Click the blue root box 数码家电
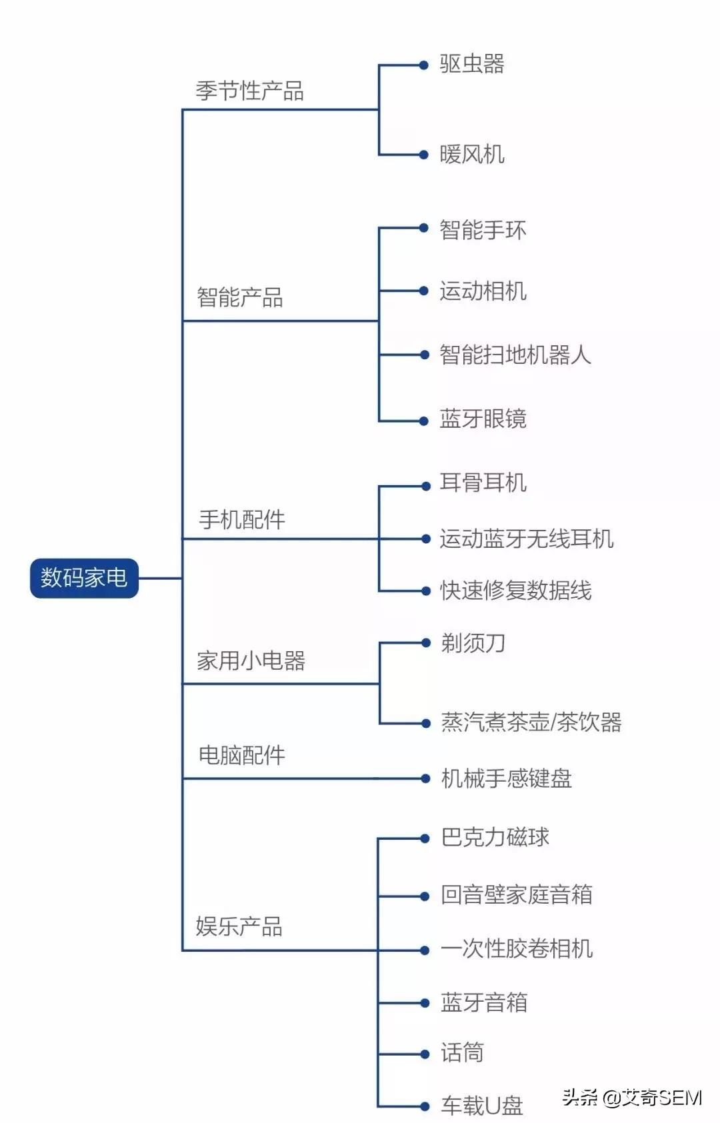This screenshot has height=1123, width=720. (84, 578)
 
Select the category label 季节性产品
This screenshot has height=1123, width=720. (250, 91)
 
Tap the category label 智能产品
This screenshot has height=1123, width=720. (239, 297)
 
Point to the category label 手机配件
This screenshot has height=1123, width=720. (242, 519)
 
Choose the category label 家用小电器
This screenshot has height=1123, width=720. (251, 660)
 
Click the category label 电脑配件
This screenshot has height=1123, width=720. (242, 755)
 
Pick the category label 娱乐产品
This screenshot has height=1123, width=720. (239, 926)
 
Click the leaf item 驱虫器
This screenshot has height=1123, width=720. (472, 64)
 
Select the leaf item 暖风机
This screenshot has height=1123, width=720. (472, 154)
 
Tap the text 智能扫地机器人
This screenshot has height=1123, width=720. (515, 355)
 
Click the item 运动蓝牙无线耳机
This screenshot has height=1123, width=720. (527, 539)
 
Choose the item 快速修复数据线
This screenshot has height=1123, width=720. (516, 590)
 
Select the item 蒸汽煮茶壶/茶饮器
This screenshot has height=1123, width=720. (531, 722)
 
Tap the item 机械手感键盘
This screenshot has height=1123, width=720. (507, 778)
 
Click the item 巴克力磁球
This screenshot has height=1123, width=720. (495, 837)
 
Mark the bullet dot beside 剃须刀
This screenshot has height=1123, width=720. (426, 642)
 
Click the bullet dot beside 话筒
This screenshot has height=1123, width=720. (425, 1054)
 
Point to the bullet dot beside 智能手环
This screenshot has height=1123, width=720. (424, 228)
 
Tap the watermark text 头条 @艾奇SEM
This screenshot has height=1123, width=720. (632, 1098)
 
